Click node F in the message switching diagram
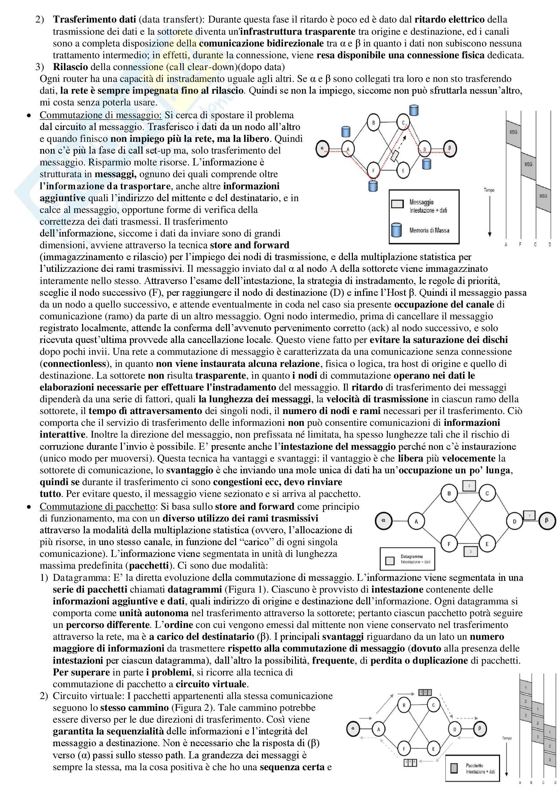point(373,170)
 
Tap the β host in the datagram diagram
point(546,521)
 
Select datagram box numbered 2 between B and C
point(469,486)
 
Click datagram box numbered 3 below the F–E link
point(470,551)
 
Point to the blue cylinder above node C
point(414,111)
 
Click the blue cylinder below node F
point(373,186)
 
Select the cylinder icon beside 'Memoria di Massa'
point(397,230)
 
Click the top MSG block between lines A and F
point(513,132)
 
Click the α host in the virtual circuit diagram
point(353,728)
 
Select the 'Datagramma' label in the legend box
point(412,556)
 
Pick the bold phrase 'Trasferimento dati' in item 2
point(95,20)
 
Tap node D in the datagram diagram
point(514,521)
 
